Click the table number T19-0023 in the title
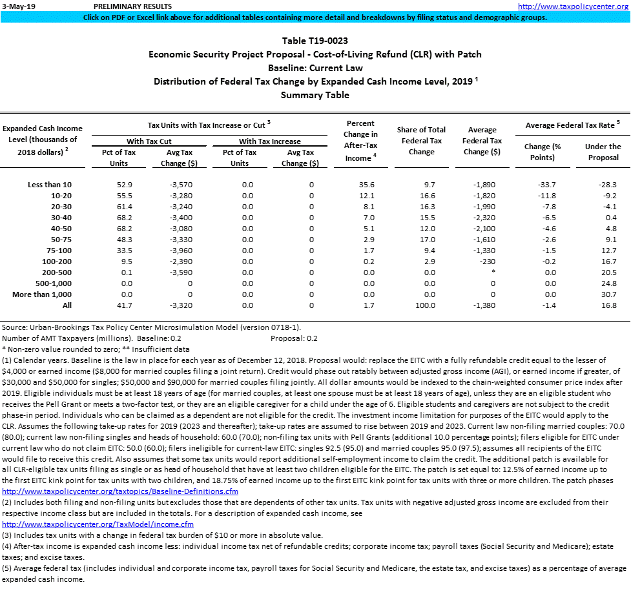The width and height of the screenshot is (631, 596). [315, 41]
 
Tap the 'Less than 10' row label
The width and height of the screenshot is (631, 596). [50, 185]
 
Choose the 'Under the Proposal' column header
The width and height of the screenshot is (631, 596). [603, 152]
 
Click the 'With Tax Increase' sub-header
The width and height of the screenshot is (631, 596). [269, 141]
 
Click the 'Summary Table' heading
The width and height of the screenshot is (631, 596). [315, 95]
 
